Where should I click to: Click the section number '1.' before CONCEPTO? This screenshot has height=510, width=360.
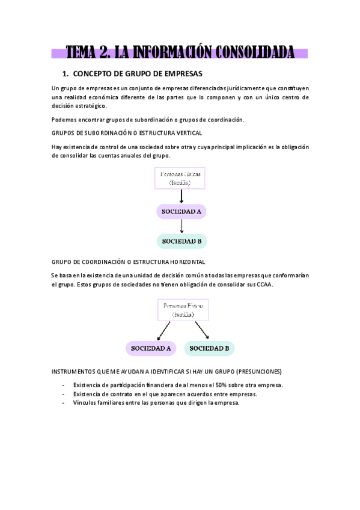pyautogui.click(x=66, y=74)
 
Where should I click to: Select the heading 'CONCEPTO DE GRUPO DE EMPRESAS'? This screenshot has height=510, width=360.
pyautogui.click(x=138, y=74)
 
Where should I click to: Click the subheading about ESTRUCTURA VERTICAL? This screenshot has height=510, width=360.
pyautogui.click(x=127, y=132)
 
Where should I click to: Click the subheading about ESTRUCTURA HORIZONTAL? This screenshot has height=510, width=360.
pyautogui.click(x=129, y=262)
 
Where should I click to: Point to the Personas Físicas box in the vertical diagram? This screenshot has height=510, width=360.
pyautogui.click(x=181, y=177)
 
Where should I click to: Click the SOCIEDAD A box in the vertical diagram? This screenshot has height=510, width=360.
pyautogui.click(x=181, y=212)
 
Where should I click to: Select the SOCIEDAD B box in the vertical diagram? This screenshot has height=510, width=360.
pyautogui.click(x=182, y=242)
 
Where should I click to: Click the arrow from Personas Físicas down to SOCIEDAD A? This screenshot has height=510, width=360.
pyautogui.click(x=182, y=196)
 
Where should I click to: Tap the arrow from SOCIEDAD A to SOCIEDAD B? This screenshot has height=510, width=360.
pyautogui.click(x=182, y=226)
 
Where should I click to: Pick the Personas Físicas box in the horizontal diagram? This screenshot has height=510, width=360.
pyautogui.click(x=183, y=310)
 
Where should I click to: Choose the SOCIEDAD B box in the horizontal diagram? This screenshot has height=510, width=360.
pyautogui.click(x=209, y=348)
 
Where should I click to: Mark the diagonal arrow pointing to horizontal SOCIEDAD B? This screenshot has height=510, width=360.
pyautogui.click(x=201, y=330)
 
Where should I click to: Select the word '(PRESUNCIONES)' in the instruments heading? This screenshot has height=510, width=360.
pyautogui.click(x=258, y=371)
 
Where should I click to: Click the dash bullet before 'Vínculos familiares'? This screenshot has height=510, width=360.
pyautogui.click(x=64, y=403)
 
